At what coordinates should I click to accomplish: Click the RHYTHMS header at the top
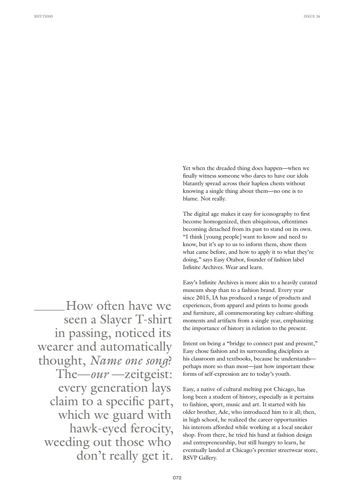click(43, 16)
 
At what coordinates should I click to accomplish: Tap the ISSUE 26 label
click(312, 16)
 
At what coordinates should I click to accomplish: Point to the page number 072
click(177, 478)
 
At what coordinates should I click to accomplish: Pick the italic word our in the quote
click(100, 374)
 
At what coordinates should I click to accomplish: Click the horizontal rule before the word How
click(49, 310)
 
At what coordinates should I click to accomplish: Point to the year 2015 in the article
click(203, 298)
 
